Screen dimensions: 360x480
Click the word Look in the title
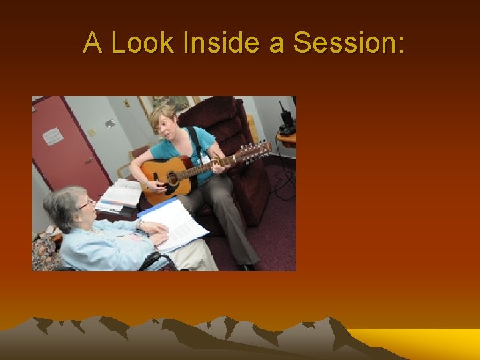141,43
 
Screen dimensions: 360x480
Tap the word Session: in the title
348,43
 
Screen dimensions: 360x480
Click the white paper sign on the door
53,136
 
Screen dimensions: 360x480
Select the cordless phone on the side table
287,120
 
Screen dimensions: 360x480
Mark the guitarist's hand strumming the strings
148,182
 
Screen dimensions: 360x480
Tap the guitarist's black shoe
248,267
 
